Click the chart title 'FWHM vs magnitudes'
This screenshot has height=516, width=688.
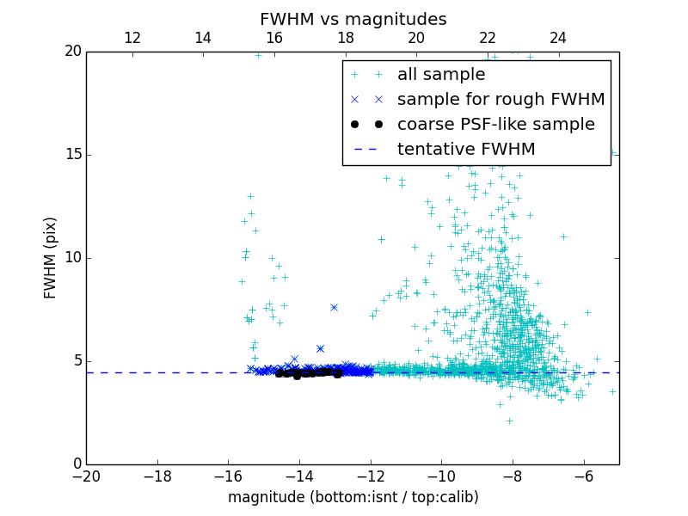point(353,19)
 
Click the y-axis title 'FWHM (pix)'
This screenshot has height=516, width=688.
point(51,257)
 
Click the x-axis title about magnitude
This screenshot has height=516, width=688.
point(353,497)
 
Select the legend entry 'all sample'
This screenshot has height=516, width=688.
point(441,75)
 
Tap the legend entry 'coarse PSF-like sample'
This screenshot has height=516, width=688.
point(495,125)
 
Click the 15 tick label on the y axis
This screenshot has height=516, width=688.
point(72,155)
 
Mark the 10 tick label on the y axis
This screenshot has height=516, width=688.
point(72,258)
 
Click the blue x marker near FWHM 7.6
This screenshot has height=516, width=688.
point(334,307)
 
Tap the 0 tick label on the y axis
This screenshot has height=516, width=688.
point(77,464)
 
